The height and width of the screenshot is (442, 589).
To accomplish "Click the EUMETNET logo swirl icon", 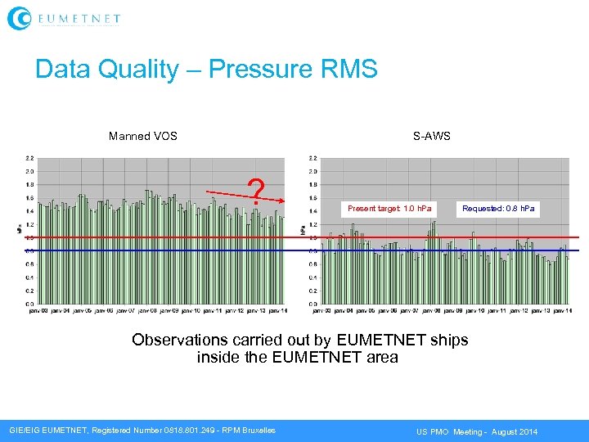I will click(x=19, y=17).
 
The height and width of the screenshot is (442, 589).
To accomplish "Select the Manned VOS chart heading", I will click(x=143, y=136).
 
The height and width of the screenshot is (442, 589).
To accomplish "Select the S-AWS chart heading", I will click(x=431, y=136).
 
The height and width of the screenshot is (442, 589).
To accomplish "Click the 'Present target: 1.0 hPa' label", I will click(x=390, y=209).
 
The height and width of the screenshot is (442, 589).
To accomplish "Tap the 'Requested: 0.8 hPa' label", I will click(x=498, y=209).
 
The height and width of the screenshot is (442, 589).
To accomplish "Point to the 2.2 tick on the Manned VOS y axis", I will click(x=29, y=158).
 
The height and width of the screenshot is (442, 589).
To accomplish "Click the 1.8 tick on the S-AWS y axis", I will click(x=314, y=184).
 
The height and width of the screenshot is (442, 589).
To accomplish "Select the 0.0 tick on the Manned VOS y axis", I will click(x=29, y=304).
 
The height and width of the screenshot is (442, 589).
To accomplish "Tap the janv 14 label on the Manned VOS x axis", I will click(x=277, y=311).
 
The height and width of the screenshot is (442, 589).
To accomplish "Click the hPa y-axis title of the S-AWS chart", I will click(x=303, y=231).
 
